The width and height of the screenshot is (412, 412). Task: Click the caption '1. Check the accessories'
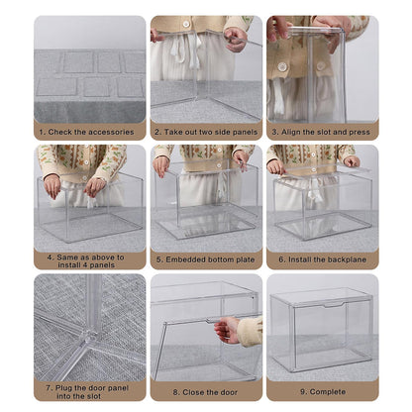[x=89, y=131]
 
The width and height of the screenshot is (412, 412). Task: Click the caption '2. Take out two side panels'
[x=205, y=131]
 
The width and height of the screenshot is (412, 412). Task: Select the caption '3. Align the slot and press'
[x=322, y=131]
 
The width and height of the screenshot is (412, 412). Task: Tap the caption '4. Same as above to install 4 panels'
[x=89, y=260]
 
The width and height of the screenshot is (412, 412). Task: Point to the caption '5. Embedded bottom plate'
[x=205, y=260]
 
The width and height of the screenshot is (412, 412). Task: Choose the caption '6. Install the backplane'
[x=322, y=260]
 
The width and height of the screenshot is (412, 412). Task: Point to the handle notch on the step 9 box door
[x=332, y=305]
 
